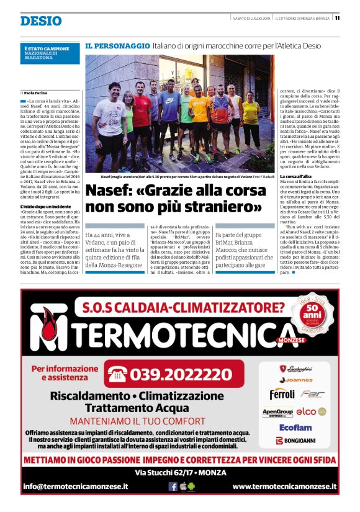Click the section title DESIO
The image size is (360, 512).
(x=41, y=21)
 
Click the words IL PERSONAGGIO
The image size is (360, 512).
(x=117, y=46)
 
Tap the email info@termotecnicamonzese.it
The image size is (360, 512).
(x=76, y=487)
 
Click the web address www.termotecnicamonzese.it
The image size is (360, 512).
(x=284, y=487)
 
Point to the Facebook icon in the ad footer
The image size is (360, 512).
(x=173, y=487)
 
